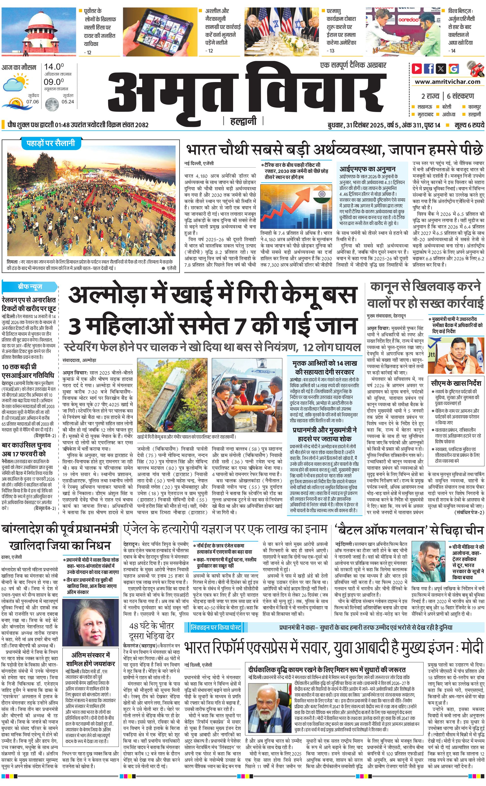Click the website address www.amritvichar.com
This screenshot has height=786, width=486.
pos(447,82)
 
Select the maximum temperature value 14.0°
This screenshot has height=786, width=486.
pos(54,67)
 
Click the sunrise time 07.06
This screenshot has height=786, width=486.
pos(33,102)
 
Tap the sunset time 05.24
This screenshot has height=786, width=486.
pos(68,102)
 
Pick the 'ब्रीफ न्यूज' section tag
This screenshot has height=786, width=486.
pos(29,286)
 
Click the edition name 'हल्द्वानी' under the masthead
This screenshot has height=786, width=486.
pos(243,121)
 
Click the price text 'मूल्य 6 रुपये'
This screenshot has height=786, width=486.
pos(469,125)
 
